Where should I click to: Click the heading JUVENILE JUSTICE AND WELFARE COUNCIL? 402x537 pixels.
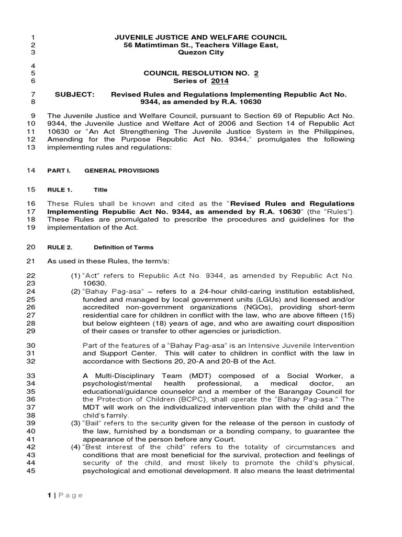[201, 37]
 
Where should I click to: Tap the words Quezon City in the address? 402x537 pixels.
[201, 52]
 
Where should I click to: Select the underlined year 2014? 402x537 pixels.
[220, 81]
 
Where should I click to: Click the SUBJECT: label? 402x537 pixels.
[75, 94]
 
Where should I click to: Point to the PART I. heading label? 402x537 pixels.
[58, 171]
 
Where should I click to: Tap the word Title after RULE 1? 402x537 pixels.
[100, 190]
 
